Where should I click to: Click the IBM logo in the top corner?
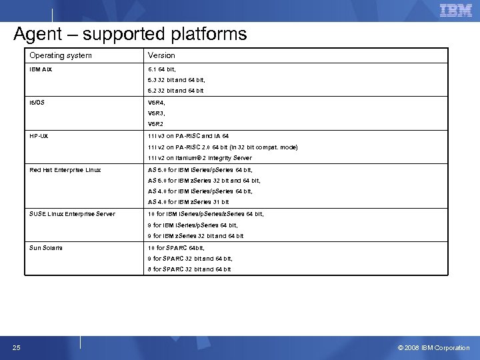(455, 11)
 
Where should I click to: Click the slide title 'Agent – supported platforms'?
(130, 34)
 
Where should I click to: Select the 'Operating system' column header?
(61, 55)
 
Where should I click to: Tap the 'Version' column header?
(161, 55)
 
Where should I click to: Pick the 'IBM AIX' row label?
(41, 69)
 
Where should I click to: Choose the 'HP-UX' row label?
(39, 136)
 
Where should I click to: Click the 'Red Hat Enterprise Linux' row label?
(65, 170)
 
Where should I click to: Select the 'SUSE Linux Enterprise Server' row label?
(72, 214)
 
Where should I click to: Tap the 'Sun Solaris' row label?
(46, 248)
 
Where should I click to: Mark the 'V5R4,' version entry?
(157, 103)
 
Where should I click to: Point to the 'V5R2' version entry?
(156, 124)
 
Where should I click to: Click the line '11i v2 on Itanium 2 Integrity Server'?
(200, 158)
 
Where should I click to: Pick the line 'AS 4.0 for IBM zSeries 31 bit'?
(188, 202)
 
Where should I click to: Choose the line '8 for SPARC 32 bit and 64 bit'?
(189, 269)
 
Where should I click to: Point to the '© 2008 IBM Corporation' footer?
(433, 347)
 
